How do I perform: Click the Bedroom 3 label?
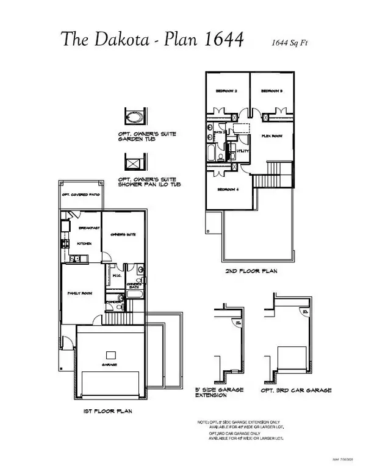pyautogui.click(x=271, y=91)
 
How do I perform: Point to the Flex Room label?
pyautogui.click(x=271, y=136)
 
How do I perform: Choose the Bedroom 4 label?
pyautogui.click(x=227, y=189)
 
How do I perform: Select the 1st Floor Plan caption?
pyautogui.click(x=107, y=412)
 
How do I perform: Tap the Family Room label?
pyautogui.click(x=79, y=293)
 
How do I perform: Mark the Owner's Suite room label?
pyautogui.click(x=122, y=235)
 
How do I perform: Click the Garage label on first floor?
pyautogui.click(x=110, y=364)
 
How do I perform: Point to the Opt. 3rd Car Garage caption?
pyautogui.click(x=295, y=389)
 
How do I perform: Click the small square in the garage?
pyautogui.click(x=110, y=354)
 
